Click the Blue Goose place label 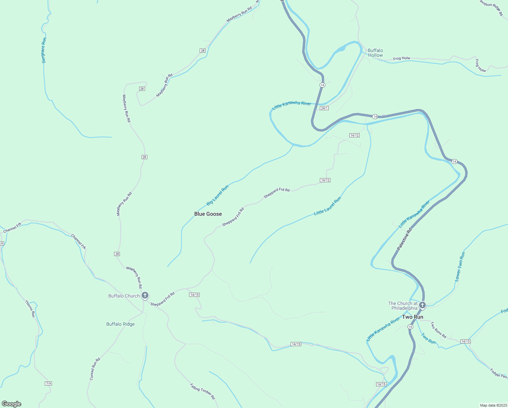click(x=208, y=214)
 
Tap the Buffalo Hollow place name click(x=375, y=53)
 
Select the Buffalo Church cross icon click(x=145, y=295)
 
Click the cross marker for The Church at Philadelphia click(x=422, y=305)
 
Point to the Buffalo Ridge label click(x=121, y=324)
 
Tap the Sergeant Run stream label click(x=43, y=50)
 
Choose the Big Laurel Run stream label click(x=217, y=195)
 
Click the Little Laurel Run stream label click(x=327, y=206)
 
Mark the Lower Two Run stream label click(x=460, y=267)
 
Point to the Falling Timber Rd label click(x=202, y=391)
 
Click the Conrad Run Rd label click(x=95, y=369)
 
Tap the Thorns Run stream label click(x=30, y=308)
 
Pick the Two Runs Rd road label click(x=438, y=330)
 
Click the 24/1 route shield click(x=324, y=108)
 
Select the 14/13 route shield click(x=465, y=341)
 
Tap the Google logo click(x=11, y=404)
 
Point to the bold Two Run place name click(x=413, y=317)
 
